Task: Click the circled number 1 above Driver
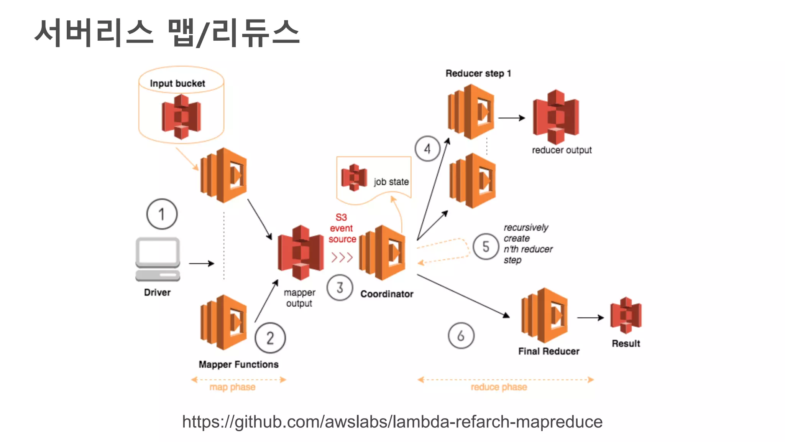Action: coord(162,214)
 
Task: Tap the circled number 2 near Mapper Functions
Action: coord(270,338)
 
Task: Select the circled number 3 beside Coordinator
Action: coord(340,287)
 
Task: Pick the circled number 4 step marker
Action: coord(427,148)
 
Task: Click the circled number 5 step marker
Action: coord(486,247)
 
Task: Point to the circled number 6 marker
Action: coord(461,336)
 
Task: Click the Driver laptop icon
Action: coord(158,259)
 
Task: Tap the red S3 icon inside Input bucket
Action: coord(181,117)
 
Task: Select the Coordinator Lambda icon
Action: coord(382,253)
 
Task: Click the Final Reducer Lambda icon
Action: coord(544,315)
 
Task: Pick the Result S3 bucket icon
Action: coord(626,315)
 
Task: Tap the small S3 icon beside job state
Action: coord(354,178)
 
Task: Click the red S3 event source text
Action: coord(342,228)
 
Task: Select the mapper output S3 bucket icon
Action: coord(301,252)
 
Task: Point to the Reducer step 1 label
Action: coord(478,73)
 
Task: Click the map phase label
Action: coord(232,387)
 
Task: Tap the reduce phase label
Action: coord(499,387)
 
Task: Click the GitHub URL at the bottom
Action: coord(392,422)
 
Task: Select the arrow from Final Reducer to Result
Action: coord(590,318)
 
